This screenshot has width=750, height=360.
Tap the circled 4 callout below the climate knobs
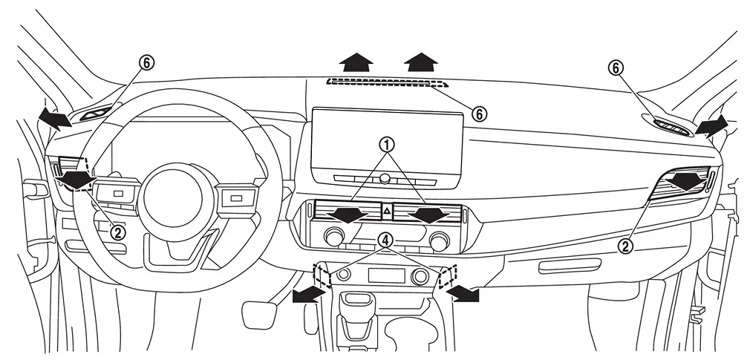(x=383, y=240)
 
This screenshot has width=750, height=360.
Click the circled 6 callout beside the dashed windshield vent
(x=479, y=114)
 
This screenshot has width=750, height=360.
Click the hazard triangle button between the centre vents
(x=386, y=212)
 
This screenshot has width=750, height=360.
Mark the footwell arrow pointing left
(x=307, y=295)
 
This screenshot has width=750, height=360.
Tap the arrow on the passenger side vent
(x=685, y=181)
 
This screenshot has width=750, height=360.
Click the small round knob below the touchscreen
(x=385, y=179)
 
